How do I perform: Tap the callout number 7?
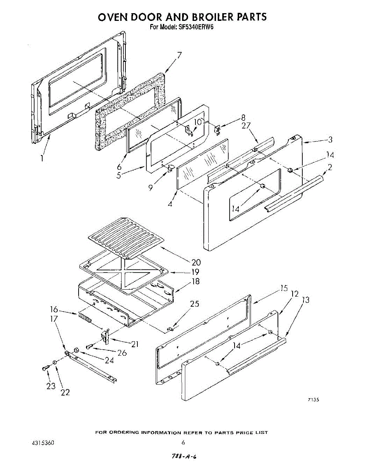coord(179,55)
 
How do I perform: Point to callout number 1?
coord(42,158)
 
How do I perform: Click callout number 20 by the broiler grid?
coord(196,263)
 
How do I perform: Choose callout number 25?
coord(194,304)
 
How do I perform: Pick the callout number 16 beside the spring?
coord(54,309)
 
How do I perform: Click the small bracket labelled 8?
coord(218,130)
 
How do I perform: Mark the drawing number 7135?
coord(313,400)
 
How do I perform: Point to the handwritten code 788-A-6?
coord(182,456)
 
